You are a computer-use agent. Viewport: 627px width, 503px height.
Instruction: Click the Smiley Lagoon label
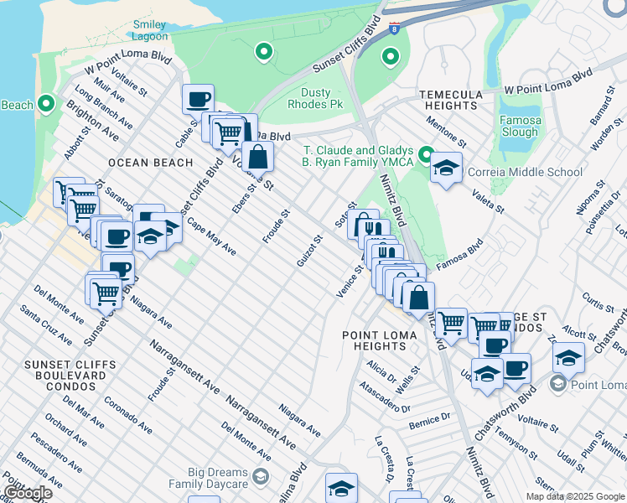149,30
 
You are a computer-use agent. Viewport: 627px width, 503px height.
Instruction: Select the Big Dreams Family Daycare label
208,478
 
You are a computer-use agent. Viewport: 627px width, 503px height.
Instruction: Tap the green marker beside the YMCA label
426,155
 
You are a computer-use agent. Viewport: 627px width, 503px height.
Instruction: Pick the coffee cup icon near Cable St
198,99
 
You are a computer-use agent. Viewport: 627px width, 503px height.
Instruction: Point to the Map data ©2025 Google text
574,496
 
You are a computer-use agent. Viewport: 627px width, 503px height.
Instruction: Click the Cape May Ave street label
211,238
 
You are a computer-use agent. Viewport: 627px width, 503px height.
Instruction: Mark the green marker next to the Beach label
46,105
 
